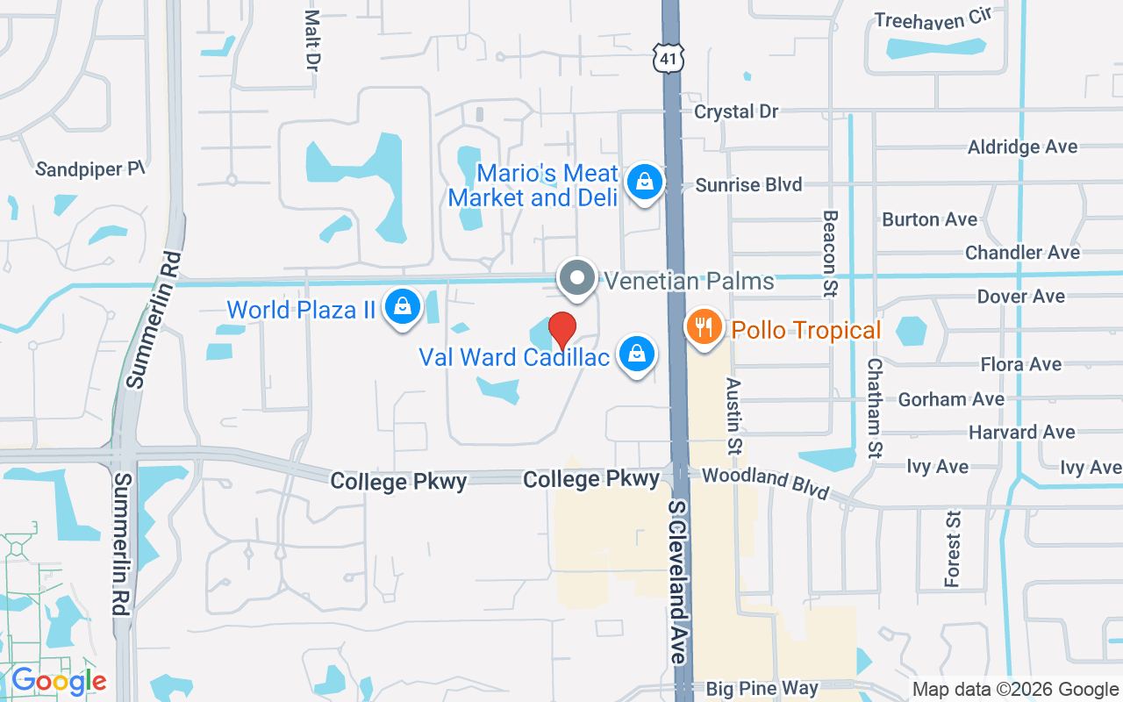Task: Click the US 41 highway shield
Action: coord(667,58)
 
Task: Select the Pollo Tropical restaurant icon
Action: coord(703,328)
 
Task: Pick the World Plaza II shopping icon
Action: coord(402,307)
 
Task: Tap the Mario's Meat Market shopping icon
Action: coord(645,183)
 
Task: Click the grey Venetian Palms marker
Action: coord(577,279)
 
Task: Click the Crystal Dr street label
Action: coord(736,111)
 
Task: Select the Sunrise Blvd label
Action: coord(748,184)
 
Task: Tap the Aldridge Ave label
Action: coord(1022,147)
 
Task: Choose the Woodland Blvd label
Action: coord(766,482)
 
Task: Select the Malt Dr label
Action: coord(311,40)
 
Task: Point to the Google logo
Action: coord(58,681)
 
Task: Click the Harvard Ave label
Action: coord(1021,432)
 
